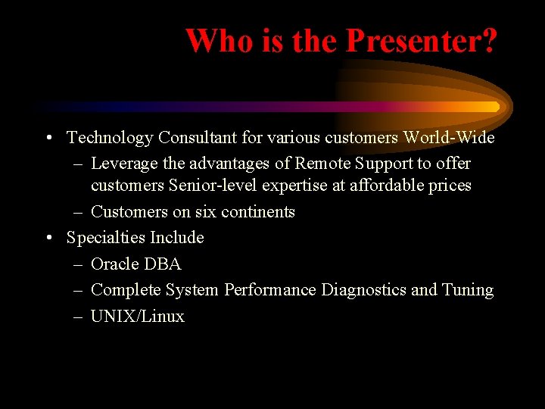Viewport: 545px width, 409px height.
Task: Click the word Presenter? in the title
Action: pyautogui.click(x=422, y=41)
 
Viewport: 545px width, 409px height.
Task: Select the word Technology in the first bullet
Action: pyautogui.click(x=110, y=138)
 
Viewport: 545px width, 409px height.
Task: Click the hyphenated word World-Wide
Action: pyautogui.click(x=449, y=138)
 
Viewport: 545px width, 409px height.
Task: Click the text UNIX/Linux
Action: pyautogui.click(x=137, y=317)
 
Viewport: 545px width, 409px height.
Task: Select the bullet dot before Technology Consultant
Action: pyautogui.click(x=48, y=139)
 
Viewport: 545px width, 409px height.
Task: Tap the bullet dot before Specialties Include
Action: pyautogui.click(x=48, y=239)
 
